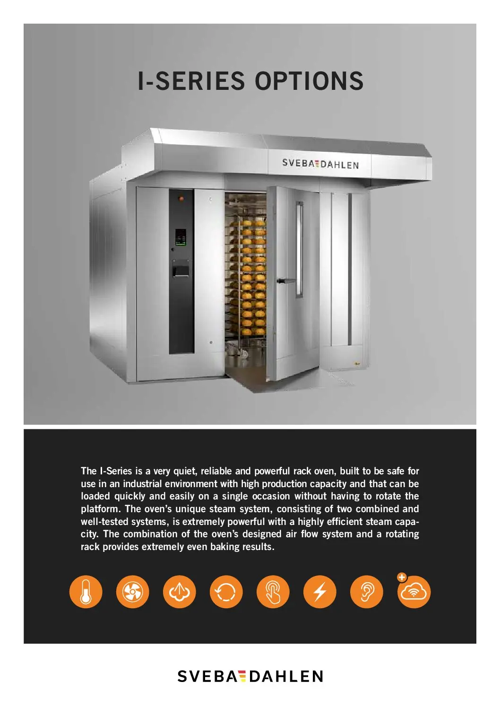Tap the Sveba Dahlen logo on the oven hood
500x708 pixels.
320,164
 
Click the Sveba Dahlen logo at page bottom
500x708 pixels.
250,676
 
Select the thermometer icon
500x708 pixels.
86,592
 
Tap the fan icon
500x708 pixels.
132,592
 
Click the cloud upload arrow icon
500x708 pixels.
179,592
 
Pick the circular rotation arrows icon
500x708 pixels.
226,592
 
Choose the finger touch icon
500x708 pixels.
273,592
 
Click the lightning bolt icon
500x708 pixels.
319,592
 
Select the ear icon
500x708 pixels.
366,592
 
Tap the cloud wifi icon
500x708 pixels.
414,592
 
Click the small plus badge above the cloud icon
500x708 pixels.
402,577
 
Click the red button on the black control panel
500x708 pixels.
181,199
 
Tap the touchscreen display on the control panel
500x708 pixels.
181,237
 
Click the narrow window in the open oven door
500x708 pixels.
299,250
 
